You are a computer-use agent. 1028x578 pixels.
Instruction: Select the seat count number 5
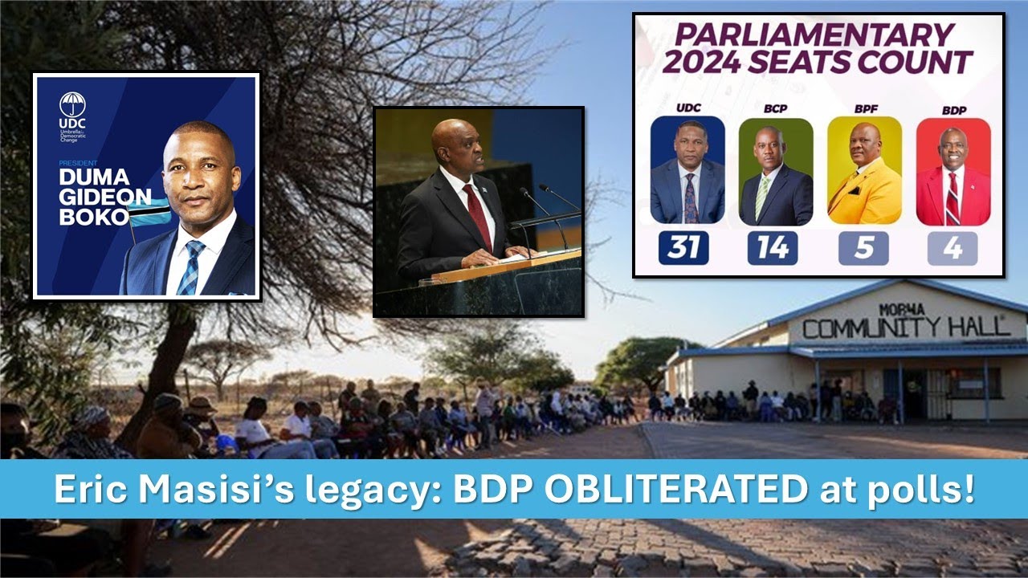[864, 248]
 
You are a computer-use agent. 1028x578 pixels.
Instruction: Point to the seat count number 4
[953, 248]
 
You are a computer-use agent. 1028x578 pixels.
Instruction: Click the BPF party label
[864, 109]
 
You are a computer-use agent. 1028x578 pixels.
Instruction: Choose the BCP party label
[776, 109]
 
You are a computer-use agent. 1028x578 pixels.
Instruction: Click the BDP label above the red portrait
[953, 109]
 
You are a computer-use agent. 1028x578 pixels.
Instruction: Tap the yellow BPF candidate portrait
[864, 172]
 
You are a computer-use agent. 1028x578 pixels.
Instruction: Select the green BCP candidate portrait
[776, 172]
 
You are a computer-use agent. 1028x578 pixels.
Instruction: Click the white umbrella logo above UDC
[71, 104]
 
